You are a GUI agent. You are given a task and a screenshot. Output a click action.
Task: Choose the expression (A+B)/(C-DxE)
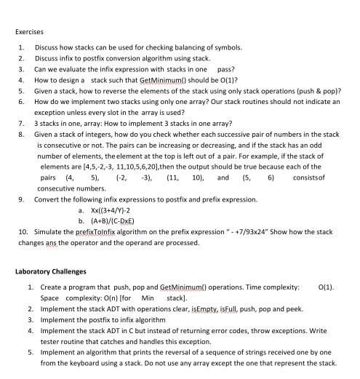[x=109, y=206]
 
